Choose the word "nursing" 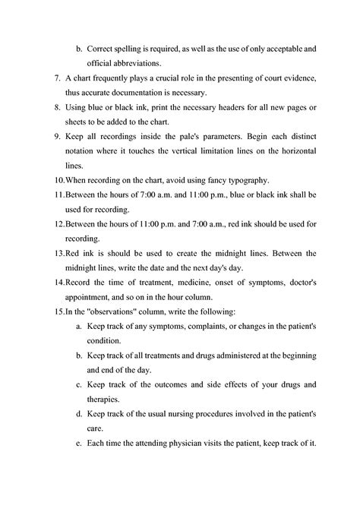pos(196,416)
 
